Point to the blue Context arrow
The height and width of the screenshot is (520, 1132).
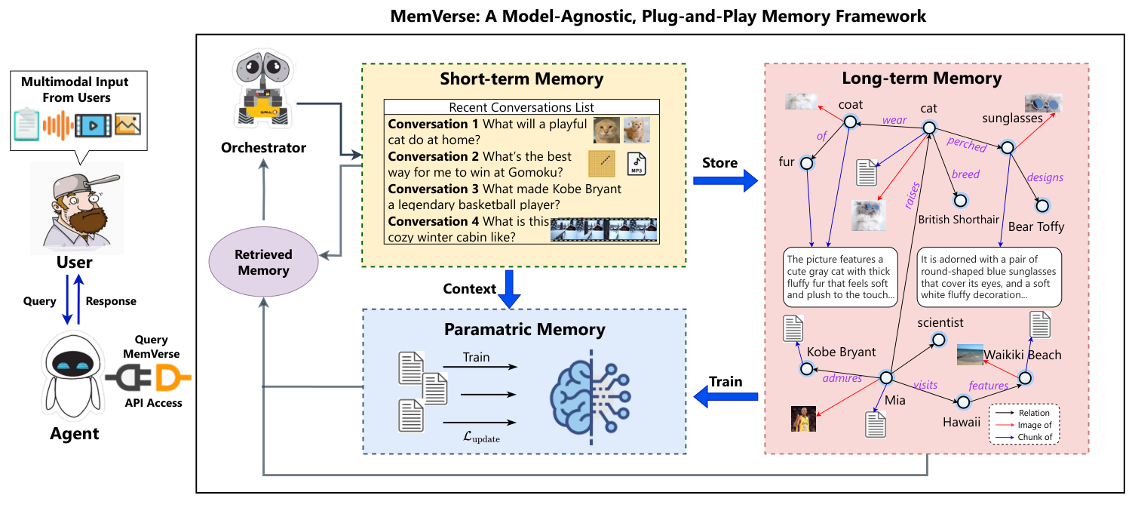[x=511, y=289]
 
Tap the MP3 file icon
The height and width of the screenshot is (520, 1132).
[x=637, y=164]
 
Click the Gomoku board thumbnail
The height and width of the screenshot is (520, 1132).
[x=602, y=163]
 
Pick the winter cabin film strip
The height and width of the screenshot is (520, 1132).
[x=603, y=229]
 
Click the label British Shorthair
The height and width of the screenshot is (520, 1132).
[x=959, y=220]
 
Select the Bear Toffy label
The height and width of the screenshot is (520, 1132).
[x=1035, y=226]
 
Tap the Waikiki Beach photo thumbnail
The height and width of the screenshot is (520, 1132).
[x=971, y=354]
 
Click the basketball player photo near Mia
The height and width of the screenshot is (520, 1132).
[x=803, y=418]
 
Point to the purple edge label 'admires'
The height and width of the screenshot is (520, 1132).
[x=842, y=378]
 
